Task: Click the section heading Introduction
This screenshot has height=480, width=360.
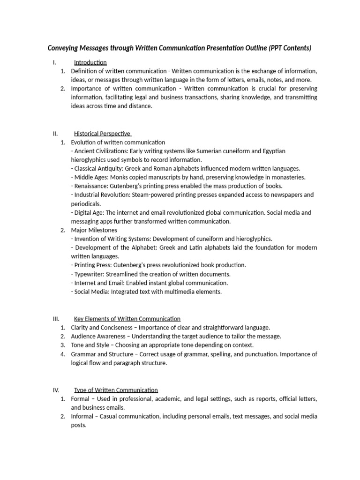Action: point(90,62)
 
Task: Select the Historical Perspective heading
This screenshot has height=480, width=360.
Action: point(102,134)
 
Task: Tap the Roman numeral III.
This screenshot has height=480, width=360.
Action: point(55,319)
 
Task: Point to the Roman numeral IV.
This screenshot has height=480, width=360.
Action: point(55,390)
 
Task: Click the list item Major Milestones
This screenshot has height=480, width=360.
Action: point(94,230)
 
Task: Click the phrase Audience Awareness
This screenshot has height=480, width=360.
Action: point(98,337)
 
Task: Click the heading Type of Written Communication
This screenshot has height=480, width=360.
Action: point(116,390)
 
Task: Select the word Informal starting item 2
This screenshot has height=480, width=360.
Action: point(82,416)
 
